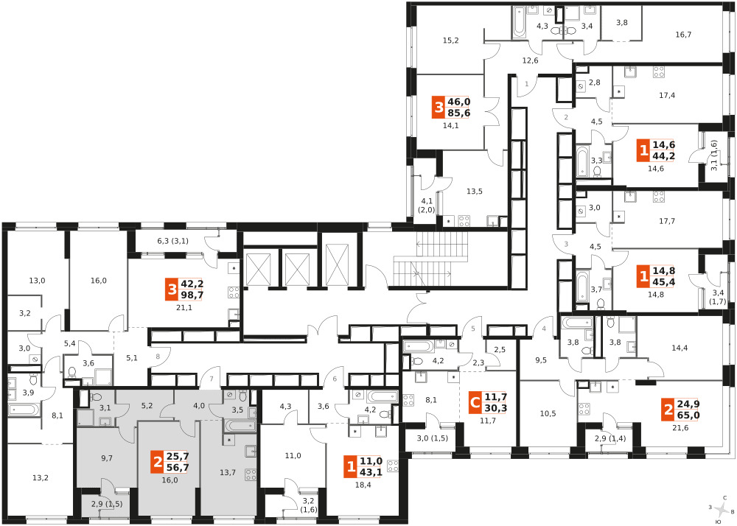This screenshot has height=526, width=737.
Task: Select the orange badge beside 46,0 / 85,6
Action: [x=439, y=108]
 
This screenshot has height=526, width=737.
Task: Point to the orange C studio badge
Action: [x=475, y=403]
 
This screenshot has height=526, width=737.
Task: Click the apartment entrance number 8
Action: [x=158, y=357]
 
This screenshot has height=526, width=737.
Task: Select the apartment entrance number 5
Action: [x=473, y=329]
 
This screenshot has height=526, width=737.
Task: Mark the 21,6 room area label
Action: [x=680, y=427]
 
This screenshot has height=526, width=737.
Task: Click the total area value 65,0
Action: [x=688, y=415]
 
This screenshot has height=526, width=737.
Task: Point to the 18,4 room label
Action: [x=363, y=485]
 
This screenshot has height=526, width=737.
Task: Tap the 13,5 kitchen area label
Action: [x=475, y=192]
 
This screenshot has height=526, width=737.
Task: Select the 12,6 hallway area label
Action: [x=530, y=60]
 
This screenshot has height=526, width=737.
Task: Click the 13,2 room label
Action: [x=41, y=478]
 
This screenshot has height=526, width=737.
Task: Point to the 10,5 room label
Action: [x=548, y=414]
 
